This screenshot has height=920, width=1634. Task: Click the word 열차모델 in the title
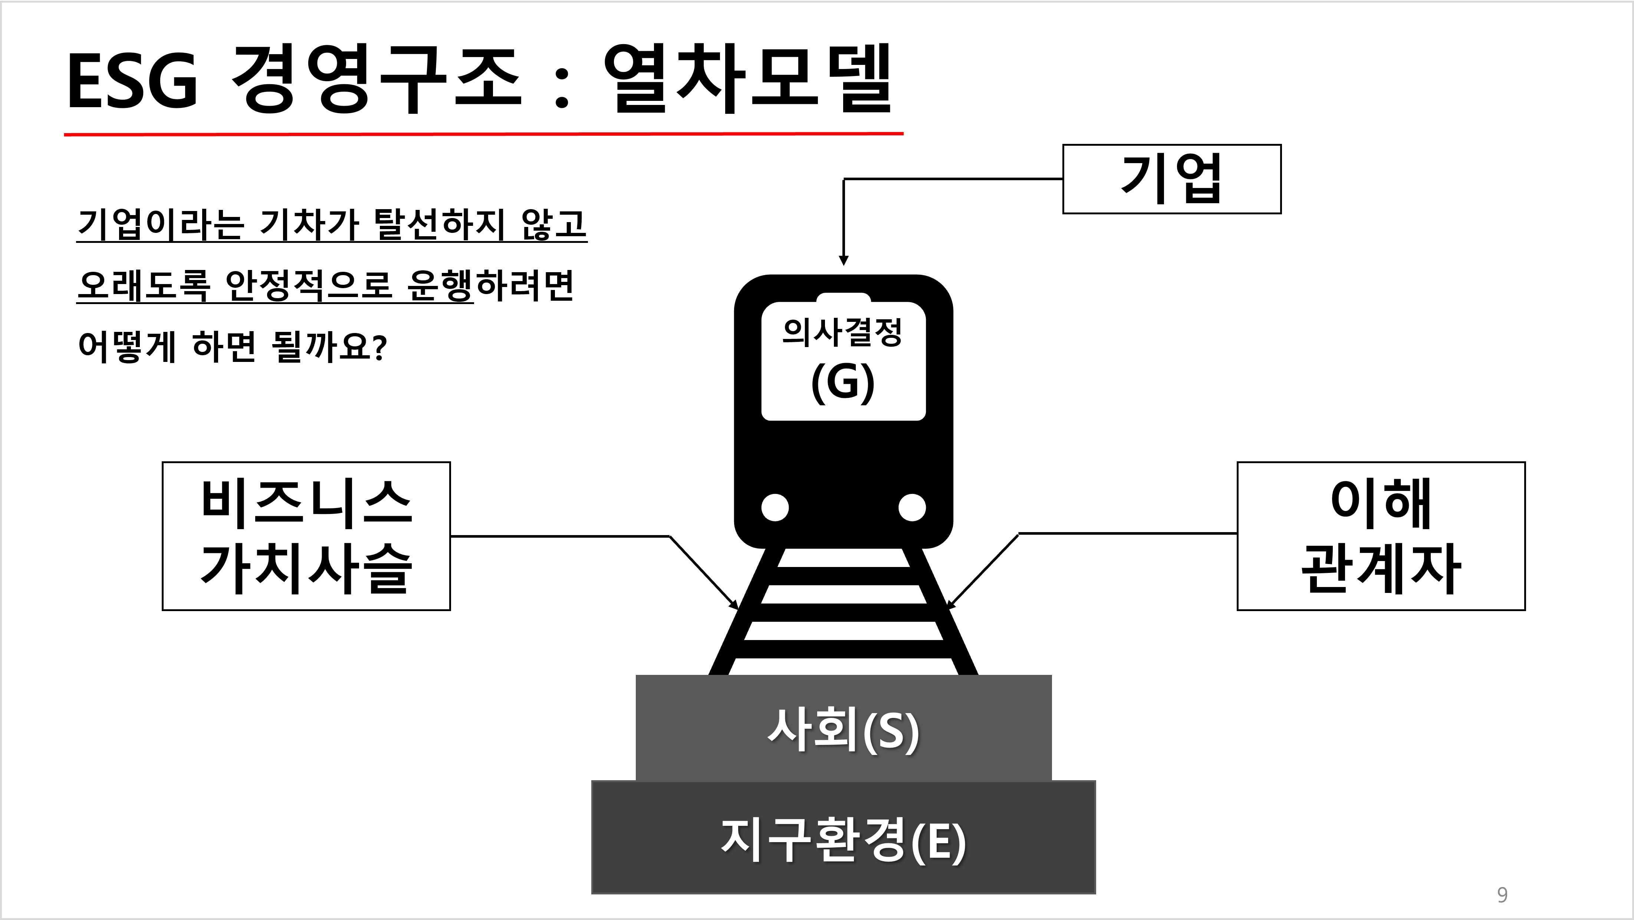coord(749,80)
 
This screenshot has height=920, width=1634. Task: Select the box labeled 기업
coord(1171,179)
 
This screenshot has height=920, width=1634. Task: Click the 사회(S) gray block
coord(843,729)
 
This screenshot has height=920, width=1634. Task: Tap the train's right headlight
coord(912,507)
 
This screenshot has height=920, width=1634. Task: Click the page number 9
coord(1502,895)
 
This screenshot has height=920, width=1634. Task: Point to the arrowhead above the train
coord(844,260)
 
